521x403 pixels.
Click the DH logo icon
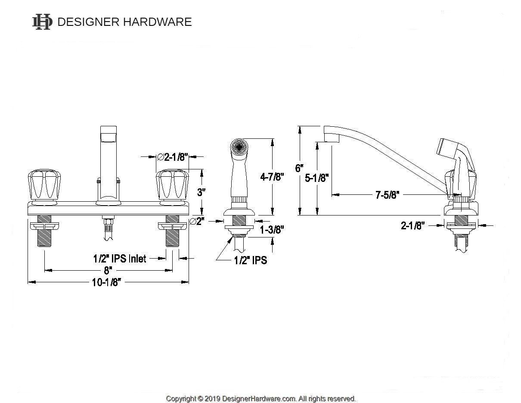[42, 22]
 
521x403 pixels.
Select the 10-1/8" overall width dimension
[107, 282]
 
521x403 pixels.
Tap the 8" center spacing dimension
[108, 270]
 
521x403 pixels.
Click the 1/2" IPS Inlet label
[119, 259]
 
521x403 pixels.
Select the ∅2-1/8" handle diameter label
[174, 157]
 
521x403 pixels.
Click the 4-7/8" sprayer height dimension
[272, 177]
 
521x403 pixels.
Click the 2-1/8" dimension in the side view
[413, 225]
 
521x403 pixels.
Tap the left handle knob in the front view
[43, 185]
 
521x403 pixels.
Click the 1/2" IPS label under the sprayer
[250, 260]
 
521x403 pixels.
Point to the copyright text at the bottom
[260, 399]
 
